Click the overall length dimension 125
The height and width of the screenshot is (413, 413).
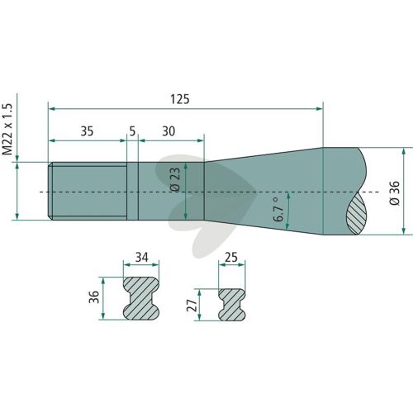click(x=180, y=99)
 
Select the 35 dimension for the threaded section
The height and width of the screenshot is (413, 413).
click(x=87, y=131)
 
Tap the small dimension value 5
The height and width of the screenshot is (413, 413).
click(x=132, y=131)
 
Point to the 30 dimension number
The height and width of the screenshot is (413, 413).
click(x=169, y=131)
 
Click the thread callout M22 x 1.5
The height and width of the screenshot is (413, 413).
click(x=7, y=130)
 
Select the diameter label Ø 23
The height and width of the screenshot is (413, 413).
click(x=175, y=180)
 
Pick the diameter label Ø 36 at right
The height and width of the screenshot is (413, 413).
click(x=395, y=192)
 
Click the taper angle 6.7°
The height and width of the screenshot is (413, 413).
click(x=278, y=210)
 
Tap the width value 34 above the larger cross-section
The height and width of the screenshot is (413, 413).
click(x=142, y=257)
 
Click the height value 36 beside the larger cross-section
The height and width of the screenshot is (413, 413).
click(x=94, y=297)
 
